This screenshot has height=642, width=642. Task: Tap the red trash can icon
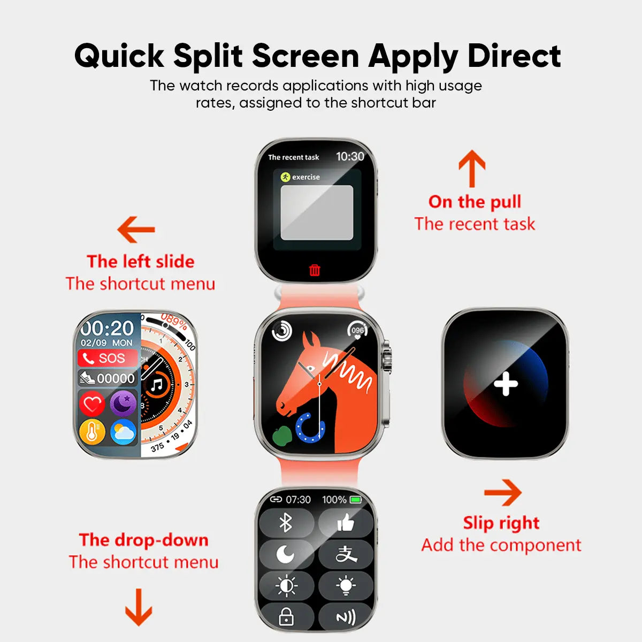[315, 270]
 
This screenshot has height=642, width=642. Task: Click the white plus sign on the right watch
[506, 384]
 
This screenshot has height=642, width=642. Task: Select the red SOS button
[108, 358]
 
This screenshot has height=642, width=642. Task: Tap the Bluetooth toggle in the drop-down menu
[286, 522]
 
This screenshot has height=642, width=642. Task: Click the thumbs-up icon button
[346, 522]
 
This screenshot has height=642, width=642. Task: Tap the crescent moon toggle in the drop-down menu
[286, 554]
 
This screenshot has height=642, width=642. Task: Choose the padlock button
[286, 616]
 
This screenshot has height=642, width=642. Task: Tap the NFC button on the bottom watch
[346, 616]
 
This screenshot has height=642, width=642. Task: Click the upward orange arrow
[472, 169]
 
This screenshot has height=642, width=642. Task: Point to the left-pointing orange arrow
[136, 230]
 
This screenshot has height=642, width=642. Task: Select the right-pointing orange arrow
[503, 492]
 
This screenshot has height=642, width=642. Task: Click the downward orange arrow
[139, 607]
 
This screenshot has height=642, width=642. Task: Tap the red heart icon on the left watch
[92, 403]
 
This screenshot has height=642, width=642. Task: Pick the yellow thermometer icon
[92, 432]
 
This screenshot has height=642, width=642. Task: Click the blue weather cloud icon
[123, 432]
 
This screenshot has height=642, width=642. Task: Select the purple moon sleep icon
[123, 403]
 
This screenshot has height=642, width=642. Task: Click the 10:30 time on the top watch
[350, 156]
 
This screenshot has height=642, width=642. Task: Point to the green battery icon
[355, 500]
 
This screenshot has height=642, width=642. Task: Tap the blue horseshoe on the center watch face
[310, 428]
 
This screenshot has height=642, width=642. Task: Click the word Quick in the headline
[119, 56]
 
